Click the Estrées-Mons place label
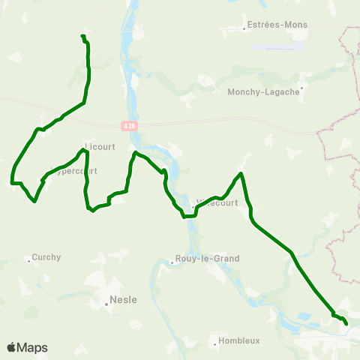tap(277, 24)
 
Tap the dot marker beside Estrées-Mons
tap(245, 30)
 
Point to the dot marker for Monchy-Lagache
tap(301, 86)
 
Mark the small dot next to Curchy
tap(29, 261)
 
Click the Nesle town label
tap(123, 299)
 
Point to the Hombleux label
tap(240, 340)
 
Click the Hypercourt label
tap(75, 170)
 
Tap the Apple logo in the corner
tap(12, 347)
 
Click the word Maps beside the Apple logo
tap(32, 347)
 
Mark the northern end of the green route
tap(82, 36)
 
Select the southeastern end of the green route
tap(346, 324)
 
